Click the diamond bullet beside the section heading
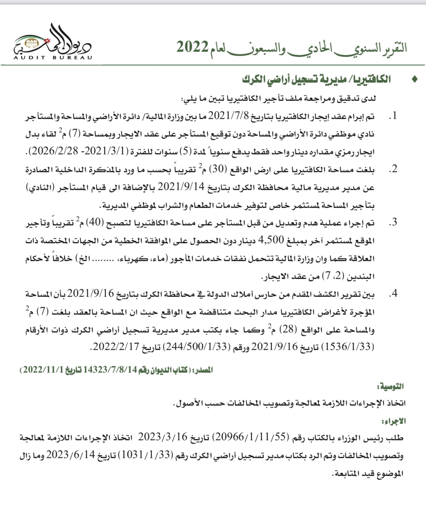click(415, 80)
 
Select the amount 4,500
click(271, 241)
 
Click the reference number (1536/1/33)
click(347, 347)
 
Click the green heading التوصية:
click(390, 387)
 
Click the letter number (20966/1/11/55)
click(249, 438)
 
